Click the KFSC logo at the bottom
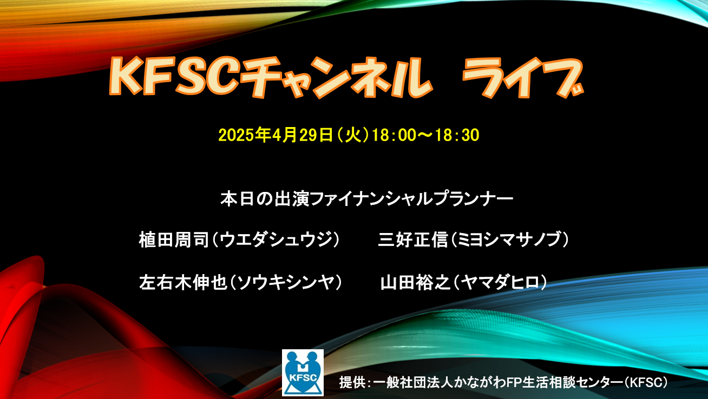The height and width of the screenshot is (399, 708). (303, 373)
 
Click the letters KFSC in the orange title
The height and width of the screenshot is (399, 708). (173, 77)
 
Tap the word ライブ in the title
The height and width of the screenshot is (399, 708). (522, 78)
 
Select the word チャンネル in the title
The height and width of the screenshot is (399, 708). (335, 78)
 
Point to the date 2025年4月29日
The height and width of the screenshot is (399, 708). (276, 135)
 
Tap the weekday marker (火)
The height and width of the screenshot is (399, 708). (353, 135)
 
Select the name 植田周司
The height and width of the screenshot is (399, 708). (174, 240)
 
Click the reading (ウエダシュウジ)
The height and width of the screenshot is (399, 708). (276, 240)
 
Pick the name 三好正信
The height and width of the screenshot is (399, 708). (413, 240)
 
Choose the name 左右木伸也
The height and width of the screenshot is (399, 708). (183, 282)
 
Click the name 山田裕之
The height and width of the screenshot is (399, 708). (415, 282)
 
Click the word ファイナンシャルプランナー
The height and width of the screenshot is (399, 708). (411, 199)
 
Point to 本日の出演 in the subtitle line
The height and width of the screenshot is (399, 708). (265, 199)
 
